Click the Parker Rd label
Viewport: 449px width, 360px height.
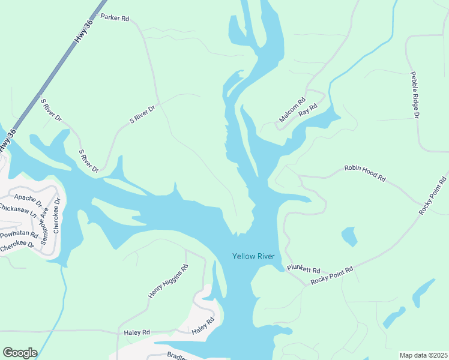115,18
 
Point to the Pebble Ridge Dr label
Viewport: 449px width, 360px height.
414,94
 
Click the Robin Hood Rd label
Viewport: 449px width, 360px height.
364,174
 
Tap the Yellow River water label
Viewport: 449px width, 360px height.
253,257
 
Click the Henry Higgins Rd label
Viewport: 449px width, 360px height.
168,282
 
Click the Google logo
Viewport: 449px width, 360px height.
20,353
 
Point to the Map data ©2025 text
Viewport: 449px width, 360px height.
423,355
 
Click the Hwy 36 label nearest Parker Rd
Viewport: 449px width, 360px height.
84,30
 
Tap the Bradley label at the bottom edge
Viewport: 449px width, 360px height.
178,356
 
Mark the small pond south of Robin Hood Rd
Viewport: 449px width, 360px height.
349,236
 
